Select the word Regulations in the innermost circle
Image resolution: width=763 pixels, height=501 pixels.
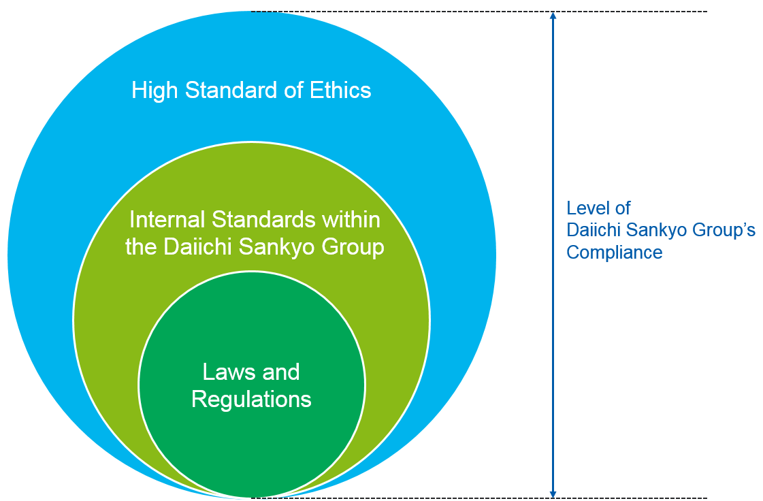click(x=251, y=399)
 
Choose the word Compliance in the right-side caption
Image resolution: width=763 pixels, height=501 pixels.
click(x=615, y=253)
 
